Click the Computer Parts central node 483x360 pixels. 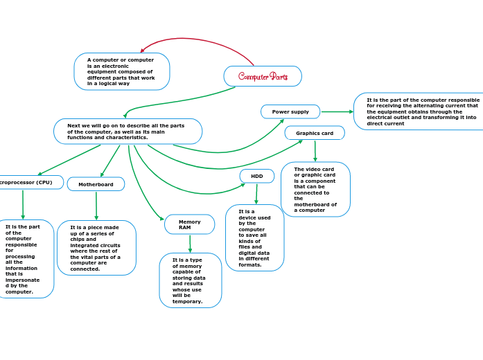(x=263, y=76)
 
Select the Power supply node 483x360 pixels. (x=290, y=111)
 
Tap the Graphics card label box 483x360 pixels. (x=314, y=133)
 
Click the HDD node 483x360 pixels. (x=257, y=177)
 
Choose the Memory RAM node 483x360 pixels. (x=189, y=224)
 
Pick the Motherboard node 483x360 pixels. (x=96, y=184)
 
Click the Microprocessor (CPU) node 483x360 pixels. (x=28, y=182)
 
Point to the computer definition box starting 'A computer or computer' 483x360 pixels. (x=121, y=71)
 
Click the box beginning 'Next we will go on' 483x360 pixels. (x=128, y=132)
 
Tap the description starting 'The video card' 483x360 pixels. (x=315, y=189)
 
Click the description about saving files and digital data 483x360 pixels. (x=254, y=237)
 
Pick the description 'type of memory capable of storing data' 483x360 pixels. (x=190, y=280)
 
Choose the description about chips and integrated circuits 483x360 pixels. (x=96, y=248)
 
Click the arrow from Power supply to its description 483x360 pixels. (x=337, y=111)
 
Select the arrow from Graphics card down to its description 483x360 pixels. (x=315, y=151)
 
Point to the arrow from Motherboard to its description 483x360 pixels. (x=96, y=206)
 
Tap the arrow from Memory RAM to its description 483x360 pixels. (x=190, y=244)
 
